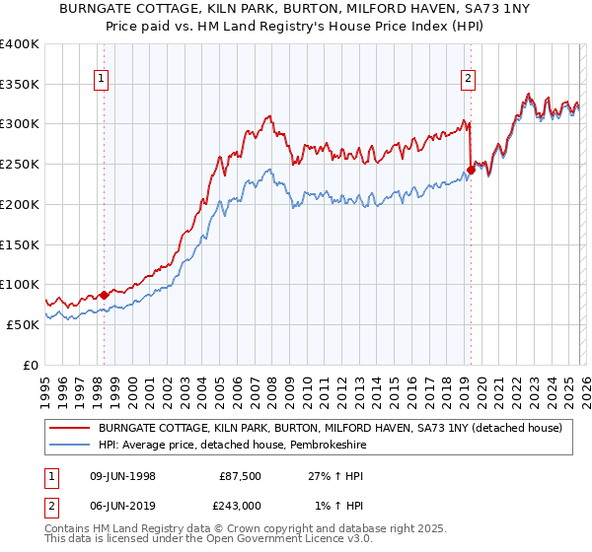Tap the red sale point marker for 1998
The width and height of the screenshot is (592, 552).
pos(104,294)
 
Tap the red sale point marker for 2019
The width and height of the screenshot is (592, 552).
pos(471,170)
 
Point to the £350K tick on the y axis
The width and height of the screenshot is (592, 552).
pos(20,85)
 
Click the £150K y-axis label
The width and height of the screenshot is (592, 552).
pos(20,244)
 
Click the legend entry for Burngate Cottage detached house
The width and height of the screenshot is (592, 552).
pos(330,428)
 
